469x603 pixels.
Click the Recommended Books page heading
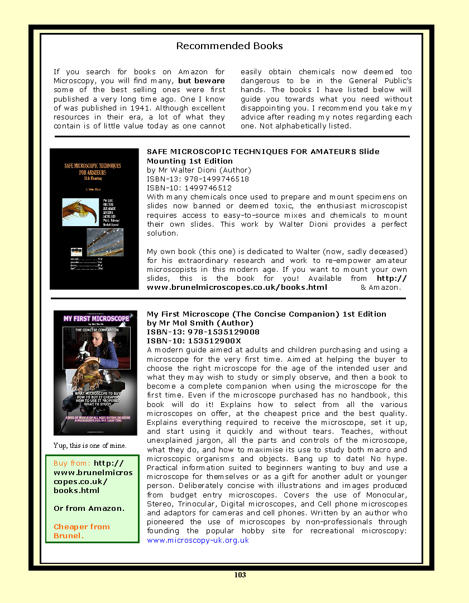(x=229, y=46)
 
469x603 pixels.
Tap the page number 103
(x=240, y=575)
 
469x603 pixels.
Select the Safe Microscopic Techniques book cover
(x=94, y=219)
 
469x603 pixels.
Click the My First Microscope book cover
(x=95, y=373)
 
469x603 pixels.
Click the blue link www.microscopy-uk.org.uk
(x=198, y=540)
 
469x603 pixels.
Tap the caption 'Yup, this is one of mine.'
(x=90, y=446)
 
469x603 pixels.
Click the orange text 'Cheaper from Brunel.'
(x=82, y=531)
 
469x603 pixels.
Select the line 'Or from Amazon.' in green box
(x=89, y=509)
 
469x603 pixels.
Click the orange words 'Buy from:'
(x=72, y=463)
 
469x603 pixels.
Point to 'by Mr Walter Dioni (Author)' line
(x=199, y=170)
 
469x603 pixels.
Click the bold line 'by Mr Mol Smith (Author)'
(x=199, y=323)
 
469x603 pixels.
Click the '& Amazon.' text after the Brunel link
(x=380, y=287)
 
